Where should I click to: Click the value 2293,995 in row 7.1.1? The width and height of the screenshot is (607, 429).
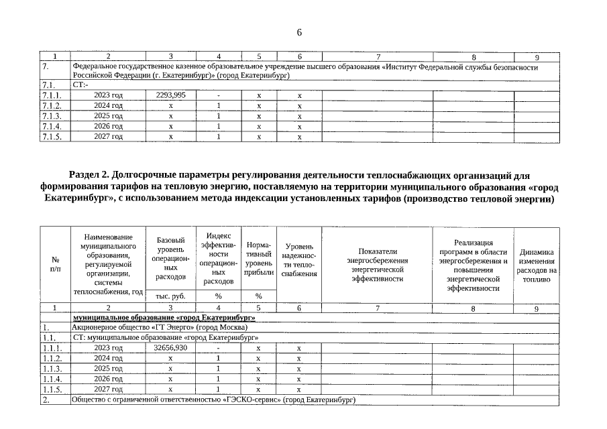click(170, 96)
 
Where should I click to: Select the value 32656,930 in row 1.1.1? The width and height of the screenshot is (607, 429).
click(170, 348)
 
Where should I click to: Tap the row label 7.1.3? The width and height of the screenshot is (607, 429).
click(52, 116)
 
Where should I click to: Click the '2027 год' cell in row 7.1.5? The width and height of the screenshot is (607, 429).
click(108, 136)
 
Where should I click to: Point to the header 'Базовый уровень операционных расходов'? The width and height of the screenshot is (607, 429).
click(170, 258)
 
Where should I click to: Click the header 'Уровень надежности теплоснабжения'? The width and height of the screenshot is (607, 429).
click(298, 261)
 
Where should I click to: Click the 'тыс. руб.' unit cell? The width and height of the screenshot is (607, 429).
click(170, 296)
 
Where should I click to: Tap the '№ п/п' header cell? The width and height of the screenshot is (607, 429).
click(55, 264)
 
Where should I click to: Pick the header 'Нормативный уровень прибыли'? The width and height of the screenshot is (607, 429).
click(259, 258)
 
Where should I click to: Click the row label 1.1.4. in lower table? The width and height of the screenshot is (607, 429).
click(52, 379)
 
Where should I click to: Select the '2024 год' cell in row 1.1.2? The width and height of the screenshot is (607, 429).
click(108, 359)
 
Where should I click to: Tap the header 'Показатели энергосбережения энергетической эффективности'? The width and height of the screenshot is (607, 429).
click(378, 264)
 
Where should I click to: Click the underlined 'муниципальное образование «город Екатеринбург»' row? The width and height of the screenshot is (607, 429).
click(164, 317)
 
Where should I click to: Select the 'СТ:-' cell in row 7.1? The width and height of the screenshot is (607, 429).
click(80, 86)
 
